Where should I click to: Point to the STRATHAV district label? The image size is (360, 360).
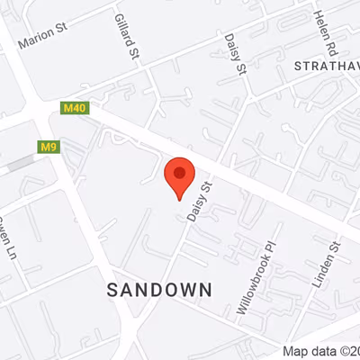(x=327, y=67)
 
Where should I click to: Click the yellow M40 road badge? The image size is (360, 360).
(x=74, y=108)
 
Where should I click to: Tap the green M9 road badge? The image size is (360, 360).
(x=49, y=146)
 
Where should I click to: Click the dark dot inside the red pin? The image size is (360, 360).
(x=180, y=172)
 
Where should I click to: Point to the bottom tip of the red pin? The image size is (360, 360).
(x=180, y=200)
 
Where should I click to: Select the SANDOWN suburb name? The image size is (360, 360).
(x=159, y=289)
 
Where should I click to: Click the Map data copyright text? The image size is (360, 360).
(x=320, y=351)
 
